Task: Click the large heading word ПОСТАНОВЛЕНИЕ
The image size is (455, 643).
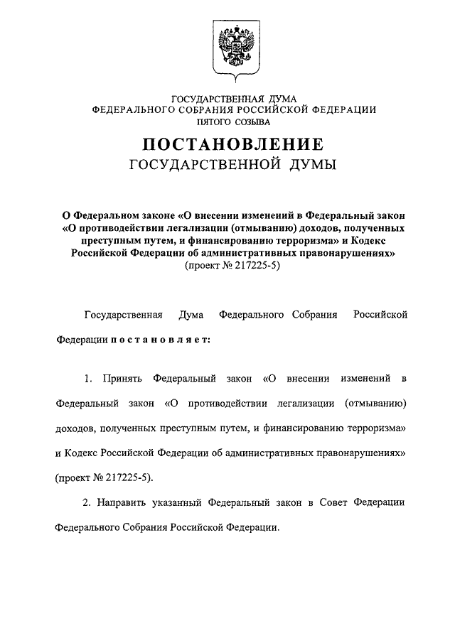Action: pos(234,145)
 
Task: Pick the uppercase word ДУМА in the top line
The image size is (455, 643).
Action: pos(279,99)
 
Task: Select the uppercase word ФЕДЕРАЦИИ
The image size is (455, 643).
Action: pos(341,110)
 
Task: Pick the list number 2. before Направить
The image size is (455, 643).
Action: pos(87,503)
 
